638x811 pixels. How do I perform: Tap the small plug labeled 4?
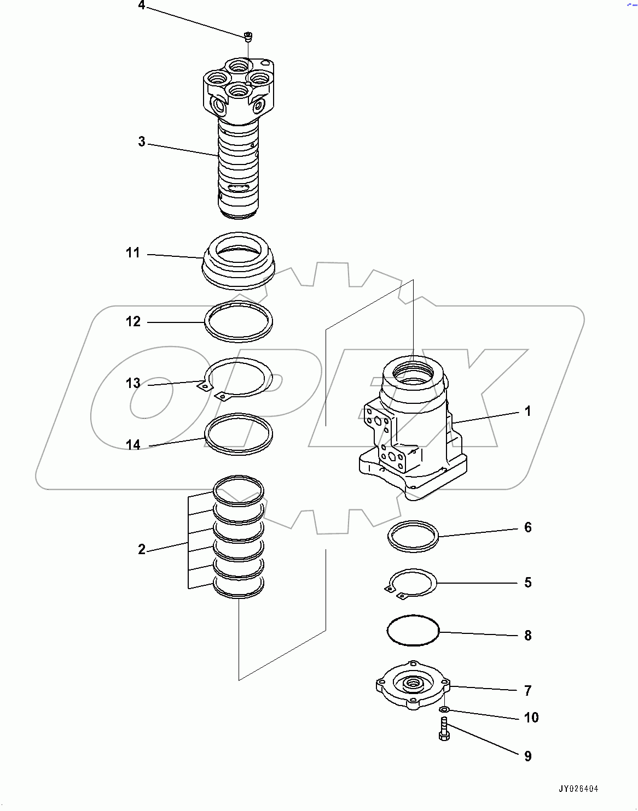tap(248, 37)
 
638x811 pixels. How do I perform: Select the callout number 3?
tap(142, 142)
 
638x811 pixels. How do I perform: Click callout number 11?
tap(133, 253)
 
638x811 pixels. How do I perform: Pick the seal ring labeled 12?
tap(239, 322)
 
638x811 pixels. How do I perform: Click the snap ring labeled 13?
tap(239, 377)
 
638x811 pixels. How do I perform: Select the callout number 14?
tap(133, 445)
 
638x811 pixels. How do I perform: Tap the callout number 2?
tap(142, 549)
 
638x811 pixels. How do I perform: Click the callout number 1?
tap(527, 411)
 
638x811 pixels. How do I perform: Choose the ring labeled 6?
tap(413, 536)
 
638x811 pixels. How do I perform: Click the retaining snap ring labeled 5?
tap(413, 583)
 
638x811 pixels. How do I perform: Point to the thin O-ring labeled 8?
tap(413, 631)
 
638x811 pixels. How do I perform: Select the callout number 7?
tap(527, 691)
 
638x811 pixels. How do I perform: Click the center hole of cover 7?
tap(413, 683)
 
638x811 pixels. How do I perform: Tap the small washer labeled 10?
tap(445, 709)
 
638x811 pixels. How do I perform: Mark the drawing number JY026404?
tap(578, 789)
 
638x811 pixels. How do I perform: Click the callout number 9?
tap(527, 756)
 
